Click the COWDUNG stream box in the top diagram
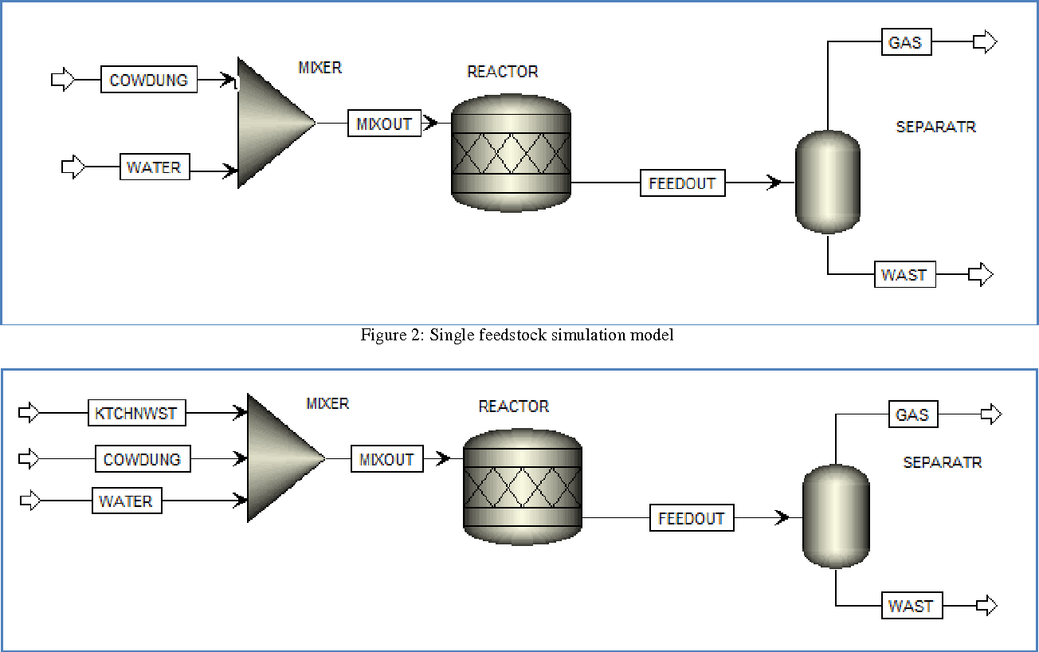click(x=149, y=81)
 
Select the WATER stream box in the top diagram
click(x=155, y=167)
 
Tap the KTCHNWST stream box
click(x=136, y=414)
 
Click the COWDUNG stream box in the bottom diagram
click(x=143, y=459)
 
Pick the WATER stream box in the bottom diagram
click(x=127, y=501)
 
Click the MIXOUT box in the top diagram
click(x=384, y=124)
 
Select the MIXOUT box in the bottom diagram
click(x=386, y=459)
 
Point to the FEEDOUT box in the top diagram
click(x=682, y=183)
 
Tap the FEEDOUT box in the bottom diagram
click(x=692, y=518)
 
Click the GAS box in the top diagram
click(x=906, y=42)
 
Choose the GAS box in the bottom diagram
click(x=913, y=414)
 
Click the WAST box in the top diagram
click(x=904, y=275)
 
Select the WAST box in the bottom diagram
click(x=911, y=606)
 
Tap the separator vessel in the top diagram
click(x=828, y=182)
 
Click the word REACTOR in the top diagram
click(x=502, y=72)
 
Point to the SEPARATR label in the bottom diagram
click(x=942, y=462)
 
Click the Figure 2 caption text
click(x=517, y=336)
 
